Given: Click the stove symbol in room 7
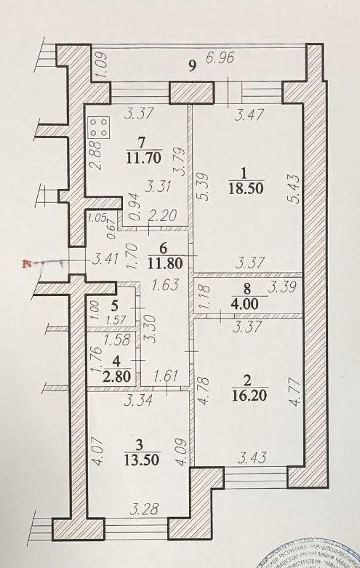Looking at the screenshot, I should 100,129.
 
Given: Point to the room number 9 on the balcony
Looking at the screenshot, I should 192,66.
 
